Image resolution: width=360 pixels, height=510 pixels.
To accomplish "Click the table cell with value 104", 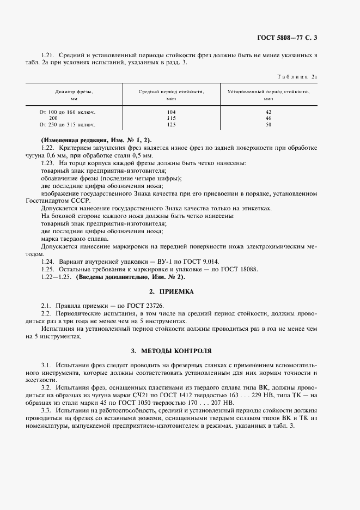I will click(x=170, y=112).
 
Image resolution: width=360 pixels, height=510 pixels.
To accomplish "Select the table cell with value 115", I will click(x=170, y=118).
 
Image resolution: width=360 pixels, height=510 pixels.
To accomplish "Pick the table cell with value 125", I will click(x=170, y=124).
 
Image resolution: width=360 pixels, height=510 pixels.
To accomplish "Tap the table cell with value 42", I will click(x=268, y=112).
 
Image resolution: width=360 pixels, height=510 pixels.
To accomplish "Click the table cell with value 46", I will click(x=268, y=118).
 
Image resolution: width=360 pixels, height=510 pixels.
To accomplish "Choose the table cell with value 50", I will click(x=268, y=124).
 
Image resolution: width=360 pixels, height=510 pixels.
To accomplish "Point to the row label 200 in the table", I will click(x=53, y=118).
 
